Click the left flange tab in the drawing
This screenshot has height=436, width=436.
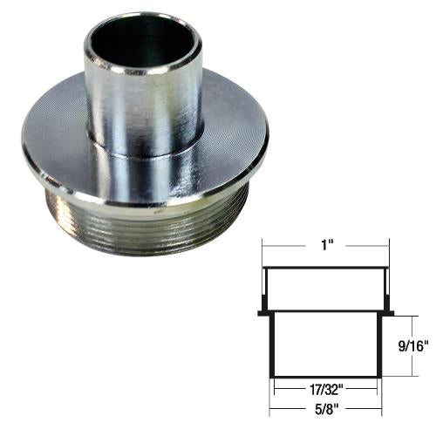click(x=262, y=311)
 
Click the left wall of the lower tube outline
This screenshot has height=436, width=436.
click(x=274, y=344)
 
